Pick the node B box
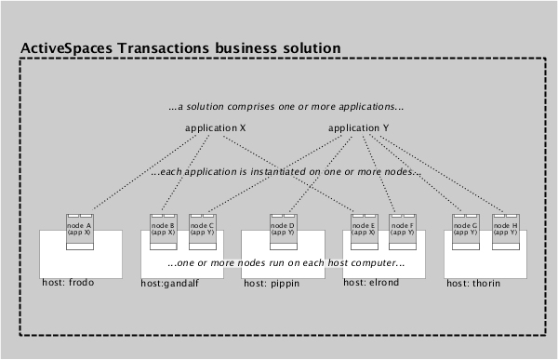[163, 231]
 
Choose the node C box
[202, 231]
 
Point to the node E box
[365, 231]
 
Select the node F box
[403, 231]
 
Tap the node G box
[465, 231]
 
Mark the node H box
[503, 231]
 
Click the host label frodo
[68, 282]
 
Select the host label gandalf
[170, 283]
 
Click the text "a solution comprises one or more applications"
[280, 107]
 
